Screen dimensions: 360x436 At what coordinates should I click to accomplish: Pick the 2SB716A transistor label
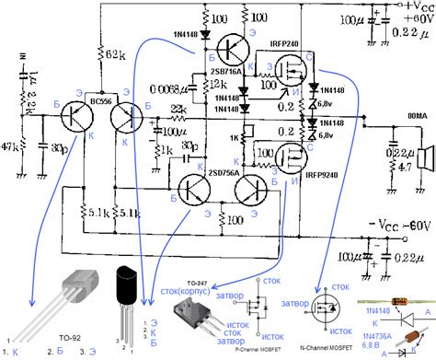click(227, 69)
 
